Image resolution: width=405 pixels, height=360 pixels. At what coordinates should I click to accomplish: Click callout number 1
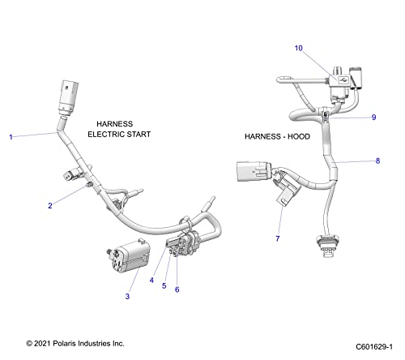(x=11, y=137)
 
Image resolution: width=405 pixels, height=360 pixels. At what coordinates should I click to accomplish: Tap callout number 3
(x=126, y=297)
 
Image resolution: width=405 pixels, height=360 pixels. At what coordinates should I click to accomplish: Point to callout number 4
(x=151, y=280)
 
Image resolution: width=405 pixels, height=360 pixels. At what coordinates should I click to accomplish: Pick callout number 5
(x=164, y=285)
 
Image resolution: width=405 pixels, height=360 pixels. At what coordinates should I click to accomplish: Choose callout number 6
(x=177, y=289)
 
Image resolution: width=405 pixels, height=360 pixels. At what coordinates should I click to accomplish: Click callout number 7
(x=278, y=238)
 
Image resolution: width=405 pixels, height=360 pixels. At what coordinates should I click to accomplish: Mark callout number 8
(x=377, y=161)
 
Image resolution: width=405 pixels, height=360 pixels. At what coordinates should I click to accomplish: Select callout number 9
(x=373, y=117)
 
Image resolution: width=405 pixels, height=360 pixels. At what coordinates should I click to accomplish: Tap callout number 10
(x=298, y=48)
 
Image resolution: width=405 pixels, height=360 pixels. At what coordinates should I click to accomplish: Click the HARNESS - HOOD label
(x=275, y=137)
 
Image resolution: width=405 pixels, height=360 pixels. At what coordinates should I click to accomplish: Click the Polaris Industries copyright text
(x=75, y=345)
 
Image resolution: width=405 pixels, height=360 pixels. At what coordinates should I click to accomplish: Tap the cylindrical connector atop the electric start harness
(x=66, y=98)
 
